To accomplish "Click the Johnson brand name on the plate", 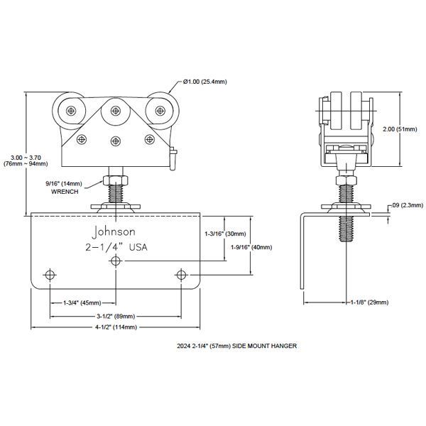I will click(113, 231).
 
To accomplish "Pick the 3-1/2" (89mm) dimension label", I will click(116, 315).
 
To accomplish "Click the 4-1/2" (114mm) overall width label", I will click(116, 327).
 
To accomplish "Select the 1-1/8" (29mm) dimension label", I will click(368, 302).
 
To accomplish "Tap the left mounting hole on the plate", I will click(50, 275).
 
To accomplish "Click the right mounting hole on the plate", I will click(182, 275).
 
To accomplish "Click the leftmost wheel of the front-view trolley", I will click(71, 111).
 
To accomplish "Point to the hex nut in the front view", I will click(114, 176).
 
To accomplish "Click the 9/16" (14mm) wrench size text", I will click(64, 183).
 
